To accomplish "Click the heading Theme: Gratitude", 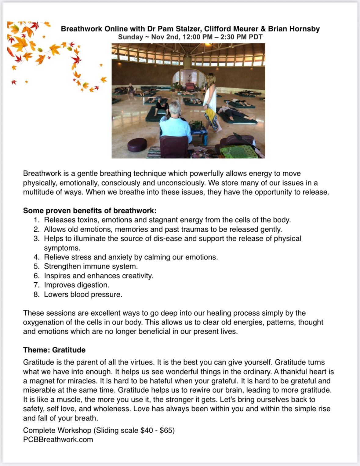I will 54,350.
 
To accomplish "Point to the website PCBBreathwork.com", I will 58,439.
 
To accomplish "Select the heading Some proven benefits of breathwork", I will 90,211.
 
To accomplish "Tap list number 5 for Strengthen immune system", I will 37,266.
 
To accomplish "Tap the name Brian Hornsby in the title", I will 294,29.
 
